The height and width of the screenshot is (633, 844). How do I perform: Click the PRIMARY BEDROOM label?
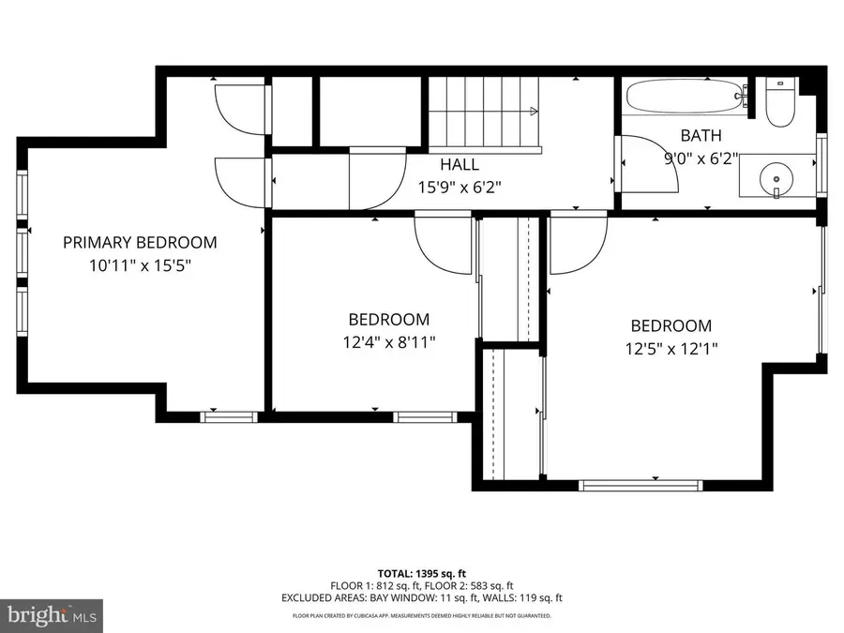point(140,243)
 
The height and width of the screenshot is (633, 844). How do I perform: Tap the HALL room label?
point(460,164)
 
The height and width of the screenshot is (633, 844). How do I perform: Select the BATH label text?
point(701,136)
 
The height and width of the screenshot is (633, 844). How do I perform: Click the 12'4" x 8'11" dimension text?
point(389,341)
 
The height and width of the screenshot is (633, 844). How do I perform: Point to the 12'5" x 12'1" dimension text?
point(671,349)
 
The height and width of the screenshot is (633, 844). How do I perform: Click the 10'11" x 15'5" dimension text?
point(140,265)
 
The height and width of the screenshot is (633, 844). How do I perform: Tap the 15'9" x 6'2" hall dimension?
point(460,188)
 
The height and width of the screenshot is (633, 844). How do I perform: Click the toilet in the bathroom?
point(780,102)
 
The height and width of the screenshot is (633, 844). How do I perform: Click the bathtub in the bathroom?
point(686,97)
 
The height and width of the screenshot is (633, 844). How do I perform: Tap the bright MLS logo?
point(52,614)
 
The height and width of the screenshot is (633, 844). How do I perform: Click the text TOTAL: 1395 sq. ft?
point(421,574)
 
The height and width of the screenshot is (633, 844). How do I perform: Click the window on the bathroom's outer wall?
point(821,165)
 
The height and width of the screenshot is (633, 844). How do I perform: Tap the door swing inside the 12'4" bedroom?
point(443,244)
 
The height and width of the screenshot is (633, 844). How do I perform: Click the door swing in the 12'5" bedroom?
point(578,245)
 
